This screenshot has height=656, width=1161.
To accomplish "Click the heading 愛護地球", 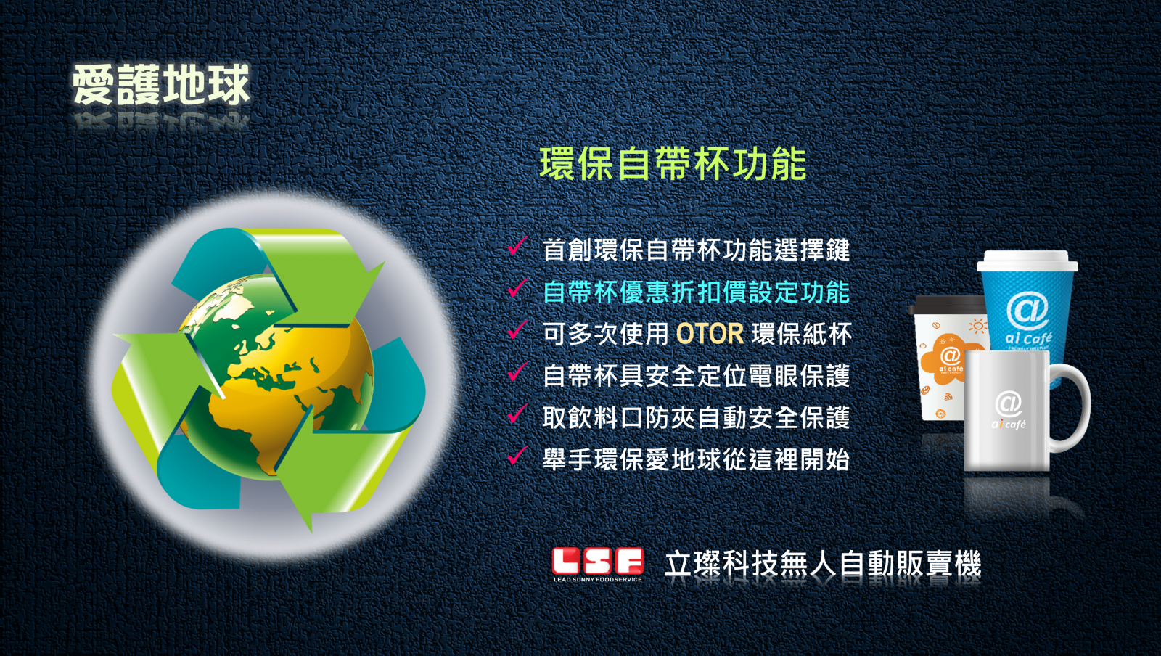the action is pos(160,84).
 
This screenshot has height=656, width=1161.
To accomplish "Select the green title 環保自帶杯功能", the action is pos(673,164).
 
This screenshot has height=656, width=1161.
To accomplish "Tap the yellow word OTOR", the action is pos(710,335).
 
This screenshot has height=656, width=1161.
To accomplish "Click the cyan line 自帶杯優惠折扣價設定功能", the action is pos(696,292).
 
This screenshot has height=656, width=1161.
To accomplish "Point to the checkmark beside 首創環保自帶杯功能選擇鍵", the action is pos(517,246).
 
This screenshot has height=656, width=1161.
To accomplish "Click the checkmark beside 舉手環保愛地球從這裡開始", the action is pos(517,456).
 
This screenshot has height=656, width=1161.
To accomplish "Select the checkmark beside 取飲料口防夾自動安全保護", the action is pos(517,414).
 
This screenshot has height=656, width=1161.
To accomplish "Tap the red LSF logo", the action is pos(598,562).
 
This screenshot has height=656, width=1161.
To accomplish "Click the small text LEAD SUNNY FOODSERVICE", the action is pos(598,579).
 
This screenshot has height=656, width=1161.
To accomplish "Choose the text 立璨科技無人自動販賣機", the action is pos(823,564).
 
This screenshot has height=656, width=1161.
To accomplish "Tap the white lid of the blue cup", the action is pos(1027,261).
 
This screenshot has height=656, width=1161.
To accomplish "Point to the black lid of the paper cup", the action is pos(948,306).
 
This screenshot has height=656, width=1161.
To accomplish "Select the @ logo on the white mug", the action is pos(1008,403).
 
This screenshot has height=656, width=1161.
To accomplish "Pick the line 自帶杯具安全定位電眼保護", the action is pos(696,376).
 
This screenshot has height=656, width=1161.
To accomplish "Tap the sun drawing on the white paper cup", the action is pos(978,327).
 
